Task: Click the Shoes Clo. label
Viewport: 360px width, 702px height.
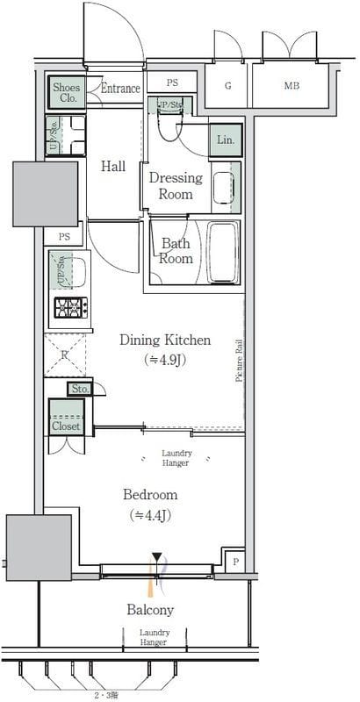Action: (66, 92)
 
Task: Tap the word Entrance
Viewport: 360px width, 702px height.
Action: (120, 89)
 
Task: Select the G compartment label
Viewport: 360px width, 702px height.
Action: (227, 85)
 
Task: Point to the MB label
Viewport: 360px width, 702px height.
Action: (290, 85)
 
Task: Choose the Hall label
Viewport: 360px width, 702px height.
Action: (112, 167)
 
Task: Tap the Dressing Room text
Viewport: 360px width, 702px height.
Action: (176, 185)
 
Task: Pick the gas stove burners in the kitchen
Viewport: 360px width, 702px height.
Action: (68, 308)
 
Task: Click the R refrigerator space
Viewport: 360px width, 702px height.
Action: (66, 355)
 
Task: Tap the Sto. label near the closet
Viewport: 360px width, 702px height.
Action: (80, 388)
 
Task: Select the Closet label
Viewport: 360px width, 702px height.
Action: (66, 426)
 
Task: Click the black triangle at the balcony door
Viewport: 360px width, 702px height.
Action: (157, 557)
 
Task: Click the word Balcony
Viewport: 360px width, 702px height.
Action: (150, 609)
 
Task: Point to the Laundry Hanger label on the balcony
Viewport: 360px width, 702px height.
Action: (155, 637)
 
